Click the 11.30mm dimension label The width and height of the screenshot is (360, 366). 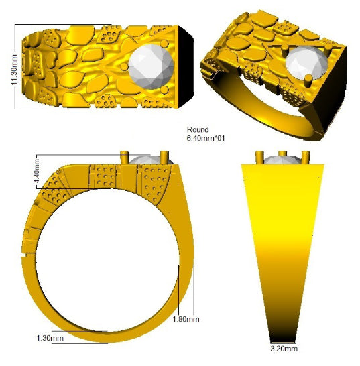(x=14, y=70)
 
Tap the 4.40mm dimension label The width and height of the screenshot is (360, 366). (x=37, y=172)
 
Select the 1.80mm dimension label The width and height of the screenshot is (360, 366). (x=186, y=319)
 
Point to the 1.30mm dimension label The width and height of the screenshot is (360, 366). (x=50, y=338)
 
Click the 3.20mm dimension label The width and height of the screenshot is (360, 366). (x=284, y=349)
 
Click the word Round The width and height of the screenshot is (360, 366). (x=198, y=129)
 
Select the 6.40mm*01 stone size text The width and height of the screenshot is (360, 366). (x=206, y=138)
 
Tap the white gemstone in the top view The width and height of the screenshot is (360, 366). (x=151, y=66)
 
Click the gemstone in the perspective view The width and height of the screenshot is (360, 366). (x=306, y=62)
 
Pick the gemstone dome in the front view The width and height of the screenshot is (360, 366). (x=283, y=160)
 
